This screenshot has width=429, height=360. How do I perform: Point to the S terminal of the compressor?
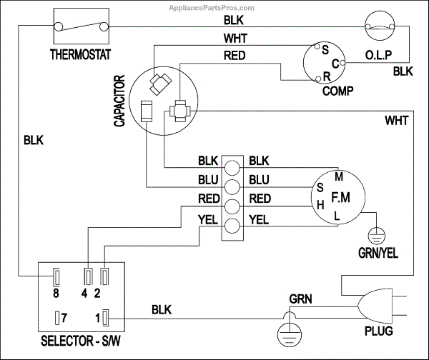coord(325,50)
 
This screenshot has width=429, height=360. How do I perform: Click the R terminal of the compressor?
coord(326,76)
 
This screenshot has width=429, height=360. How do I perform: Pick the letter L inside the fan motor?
coord(337,214)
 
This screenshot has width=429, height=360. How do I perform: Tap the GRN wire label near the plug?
coord(300,297)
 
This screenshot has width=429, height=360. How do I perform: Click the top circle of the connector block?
coord(232,167)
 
